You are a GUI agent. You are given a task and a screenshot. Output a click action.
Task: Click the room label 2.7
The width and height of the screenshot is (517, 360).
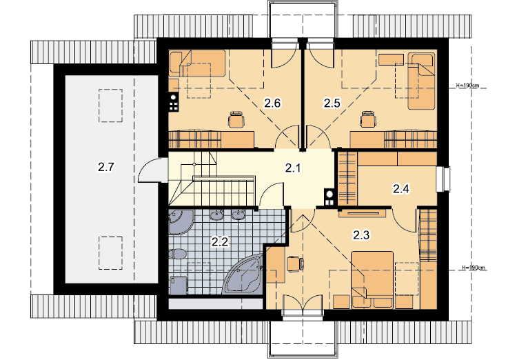[106, 167]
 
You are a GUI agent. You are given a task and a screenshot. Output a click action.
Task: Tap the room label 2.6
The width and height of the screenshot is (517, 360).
[272, 103]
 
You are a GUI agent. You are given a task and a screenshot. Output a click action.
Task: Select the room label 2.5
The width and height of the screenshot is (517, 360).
[332, 103]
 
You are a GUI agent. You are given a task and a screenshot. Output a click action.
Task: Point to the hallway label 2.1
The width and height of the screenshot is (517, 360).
[293, 168]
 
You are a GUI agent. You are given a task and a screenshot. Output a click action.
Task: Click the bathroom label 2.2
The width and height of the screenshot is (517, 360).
[220, 242]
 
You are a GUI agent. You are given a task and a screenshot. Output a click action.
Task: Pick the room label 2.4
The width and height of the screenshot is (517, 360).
[401, 189]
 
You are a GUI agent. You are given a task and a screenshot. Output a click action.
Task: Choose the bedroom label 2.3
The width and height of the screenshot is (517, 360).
[361, 235]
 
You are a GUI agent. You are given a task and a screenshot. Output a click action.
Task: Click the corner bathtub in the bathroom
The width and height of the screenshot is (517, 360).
[244, 274]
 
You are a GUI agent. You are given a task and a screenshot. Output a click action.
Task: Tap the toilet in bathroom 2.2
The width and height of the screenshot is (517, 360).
[177, 254]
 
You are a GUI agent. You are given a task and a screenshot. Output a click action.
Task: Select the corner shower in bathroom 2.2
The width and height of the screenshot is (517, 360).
[181, 222]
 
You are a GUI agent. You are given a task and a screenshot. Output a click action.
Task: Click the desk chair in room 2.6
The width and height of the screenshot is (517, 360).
[236, 119]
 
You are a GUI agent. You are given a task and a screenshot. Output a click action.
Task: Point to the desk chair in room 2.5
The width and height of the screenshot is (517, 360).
[367, 119]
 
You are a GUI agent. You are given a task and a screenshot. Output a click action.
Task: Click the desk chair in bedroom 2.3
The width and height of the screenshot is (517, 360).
[295, 264]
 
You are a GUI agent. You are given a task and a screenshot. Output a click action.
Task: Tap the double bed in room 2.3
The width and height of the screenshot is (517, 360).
[372, 280]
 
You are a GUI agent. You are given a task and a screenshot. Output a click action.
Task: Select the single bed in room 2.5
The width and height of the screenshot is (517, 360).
[421, 81]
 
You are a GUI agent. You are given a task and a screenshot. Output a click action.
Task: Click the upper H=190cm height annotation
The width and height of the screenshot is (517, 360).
[467, 86]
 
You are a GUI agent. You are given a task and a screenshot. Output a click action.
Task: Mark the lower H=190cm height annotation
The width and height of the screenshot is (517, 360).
[474, 268]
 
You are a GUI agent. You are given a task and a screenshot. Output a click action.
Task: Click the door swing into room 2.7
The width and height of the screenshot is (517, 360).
[149, 170]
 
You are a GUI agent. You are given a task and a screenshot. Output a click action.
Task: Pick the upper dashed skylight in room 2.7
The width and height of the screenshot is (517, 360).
[110, 106]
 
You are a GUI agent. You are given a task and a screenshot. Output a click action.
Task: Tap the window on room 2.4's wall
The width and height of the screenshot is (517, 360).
[443, 179]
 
